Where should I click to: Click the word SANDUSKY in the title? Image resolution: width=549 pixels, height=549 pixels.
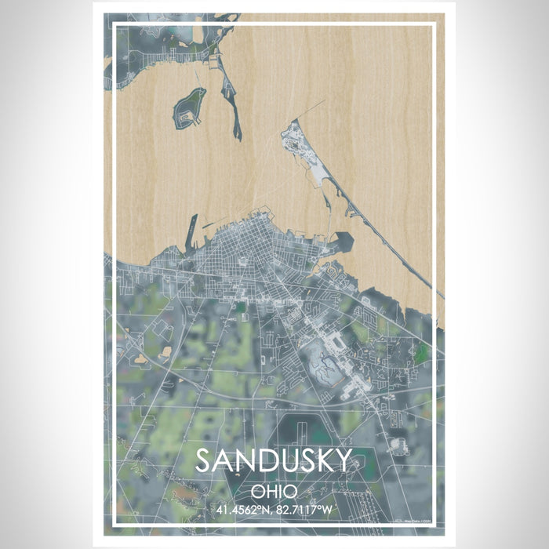(x=274, y=461)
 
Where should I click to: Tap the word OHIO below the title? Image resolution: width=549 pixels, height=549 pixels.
(x=274, y=492)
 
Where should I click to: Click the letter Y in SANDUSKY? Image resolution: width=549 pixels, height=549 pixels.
(x=344, y=461)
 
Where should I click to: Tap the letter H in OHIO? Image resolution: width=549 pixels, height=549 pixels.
(x=269, y=492)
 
